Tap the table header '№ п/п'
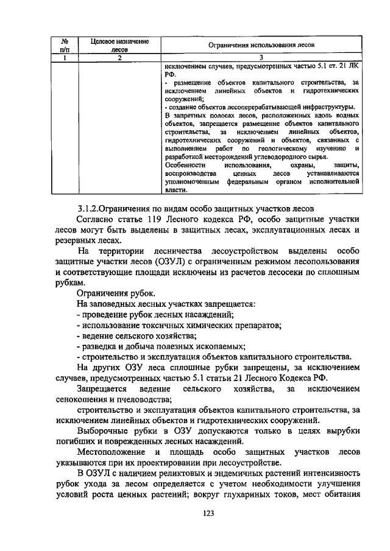click(x=64, y=46)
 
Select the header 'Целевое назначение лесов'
click(x=119, y=46)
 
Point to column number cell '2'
click(x=119, y=58)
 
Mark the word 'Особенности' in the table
click(x=185, y=165)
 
